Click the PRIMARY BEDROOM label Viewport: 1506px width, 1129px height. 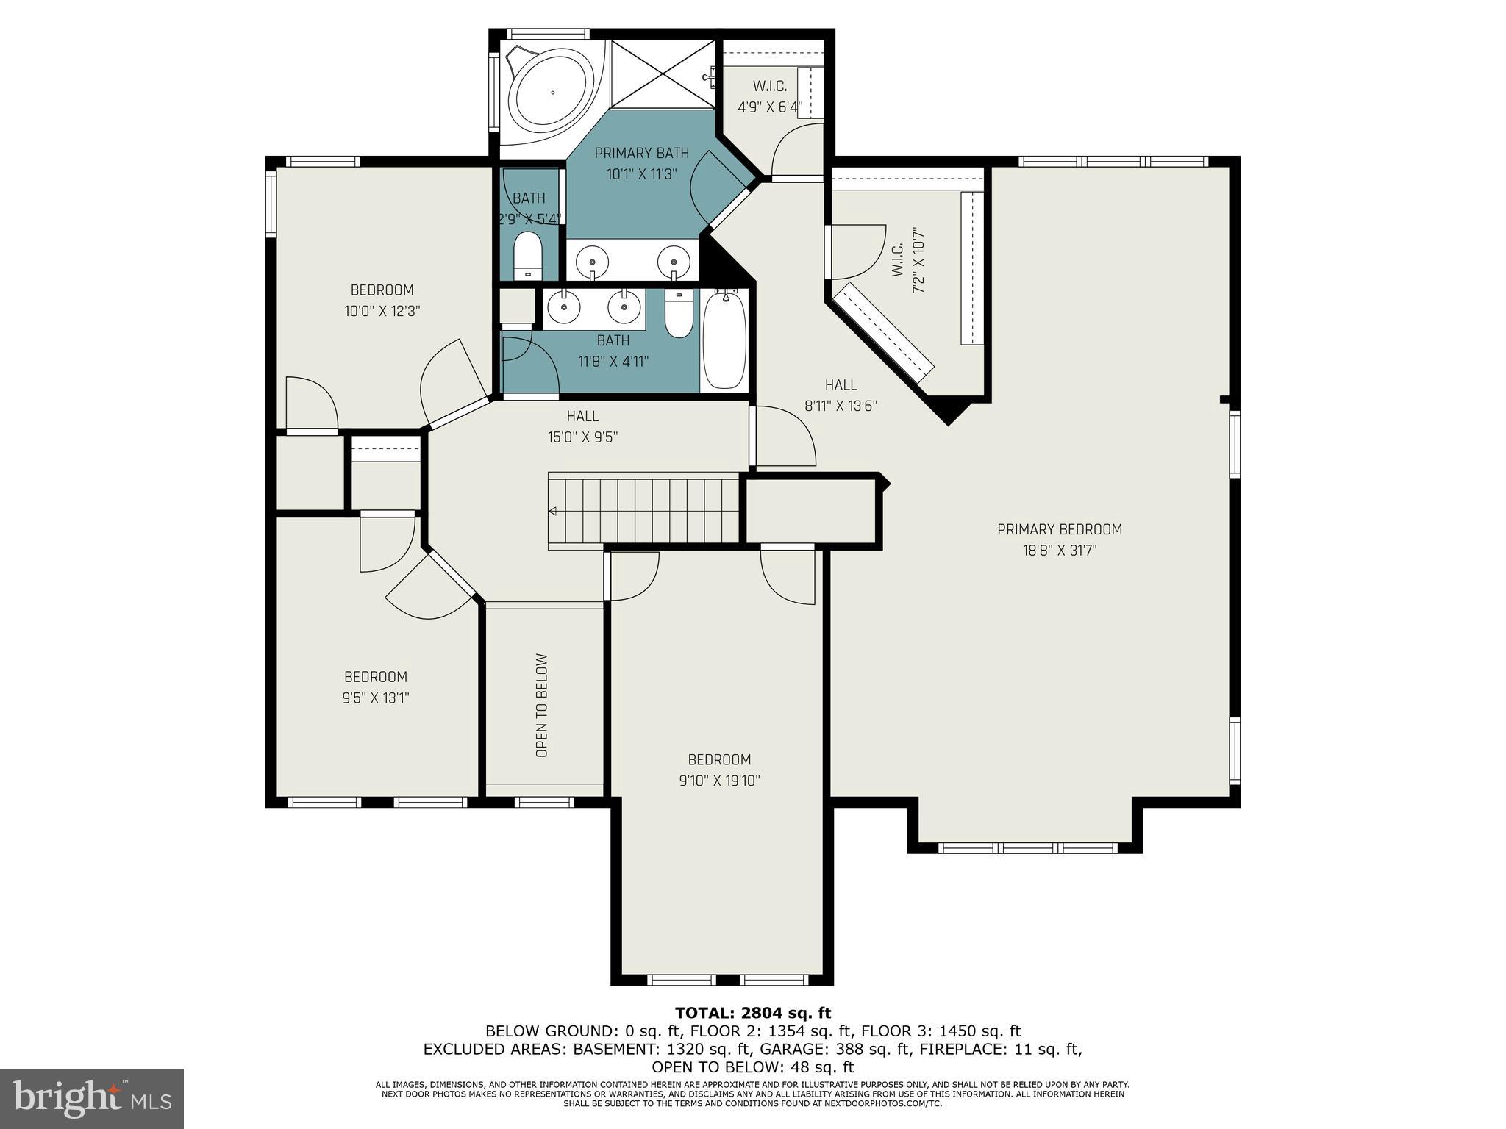pos(1059,529)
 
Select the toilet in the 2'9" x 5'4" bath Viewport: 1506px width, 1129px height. pos(527,254)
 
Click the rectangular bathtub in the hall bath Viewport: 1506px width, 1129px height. pos(724,340)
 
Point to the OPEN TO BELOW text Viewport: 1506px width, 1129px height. pos(542,705)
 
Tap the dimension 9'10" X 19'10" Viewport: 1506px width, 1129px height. pos(719,781)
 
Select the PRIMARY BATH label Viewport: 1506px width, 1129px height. pos(641,153)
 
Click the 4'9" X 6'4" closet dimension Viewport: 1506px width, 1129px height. pos(769,107)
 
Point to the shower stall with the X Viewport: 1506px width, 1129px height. pos(663,74)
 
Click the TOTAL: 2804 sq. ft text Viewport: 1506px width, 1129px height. pos(753,1014)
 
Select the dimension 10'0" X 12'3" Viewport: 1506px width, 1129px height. pos(382,311)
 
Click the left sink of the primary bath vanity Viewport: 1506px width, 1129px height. pos(592,260)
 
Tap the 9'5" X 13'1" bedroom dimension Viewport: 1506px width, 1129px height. pos(375,698)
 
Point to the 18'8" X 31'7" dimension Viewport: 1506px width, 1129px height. pos(1059,551)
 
